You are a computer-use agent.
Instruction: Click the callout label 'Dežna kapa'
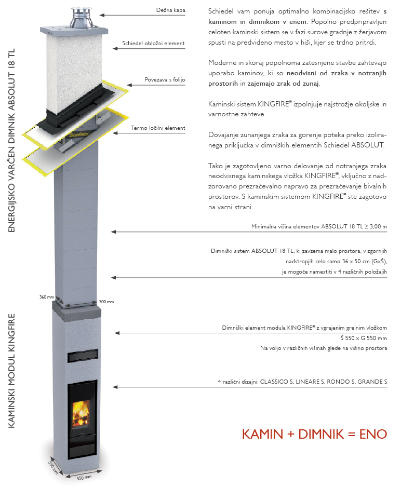pos(171,10)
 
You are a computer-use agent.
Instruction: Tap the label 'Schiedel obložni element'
pos(153,43)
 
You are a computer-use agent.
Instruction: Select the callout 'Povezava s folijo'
pos(165,80)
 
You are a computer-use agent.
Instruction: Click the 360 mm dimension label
pos(47,297)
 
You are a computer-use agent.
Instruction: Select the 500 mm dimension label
pos(106,302)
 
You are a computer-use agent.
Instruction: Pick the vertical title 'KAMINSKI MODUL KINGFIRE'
pos(12,370)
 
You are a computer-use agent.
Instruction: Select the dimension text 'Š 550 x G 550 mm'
pos(363,338)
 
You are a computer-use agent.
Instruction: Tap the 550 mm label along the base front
pos(84,477)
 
